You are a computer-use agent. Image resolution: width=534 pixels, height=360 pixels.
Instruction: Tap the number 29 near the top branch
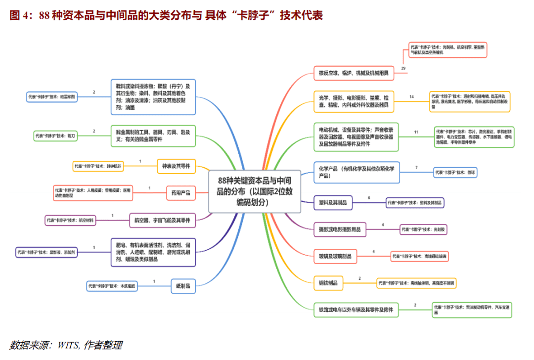[403, 68]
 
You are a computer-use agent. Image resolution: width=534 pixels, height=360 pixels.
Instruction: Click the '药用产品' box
[181, 193]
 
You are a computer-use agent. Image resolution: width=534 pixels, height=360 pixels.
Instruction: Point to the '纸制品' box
[181, 285]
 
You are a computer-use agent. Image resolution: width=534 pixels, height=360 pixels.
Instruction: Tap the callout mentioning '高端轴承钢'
[416, 283]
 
